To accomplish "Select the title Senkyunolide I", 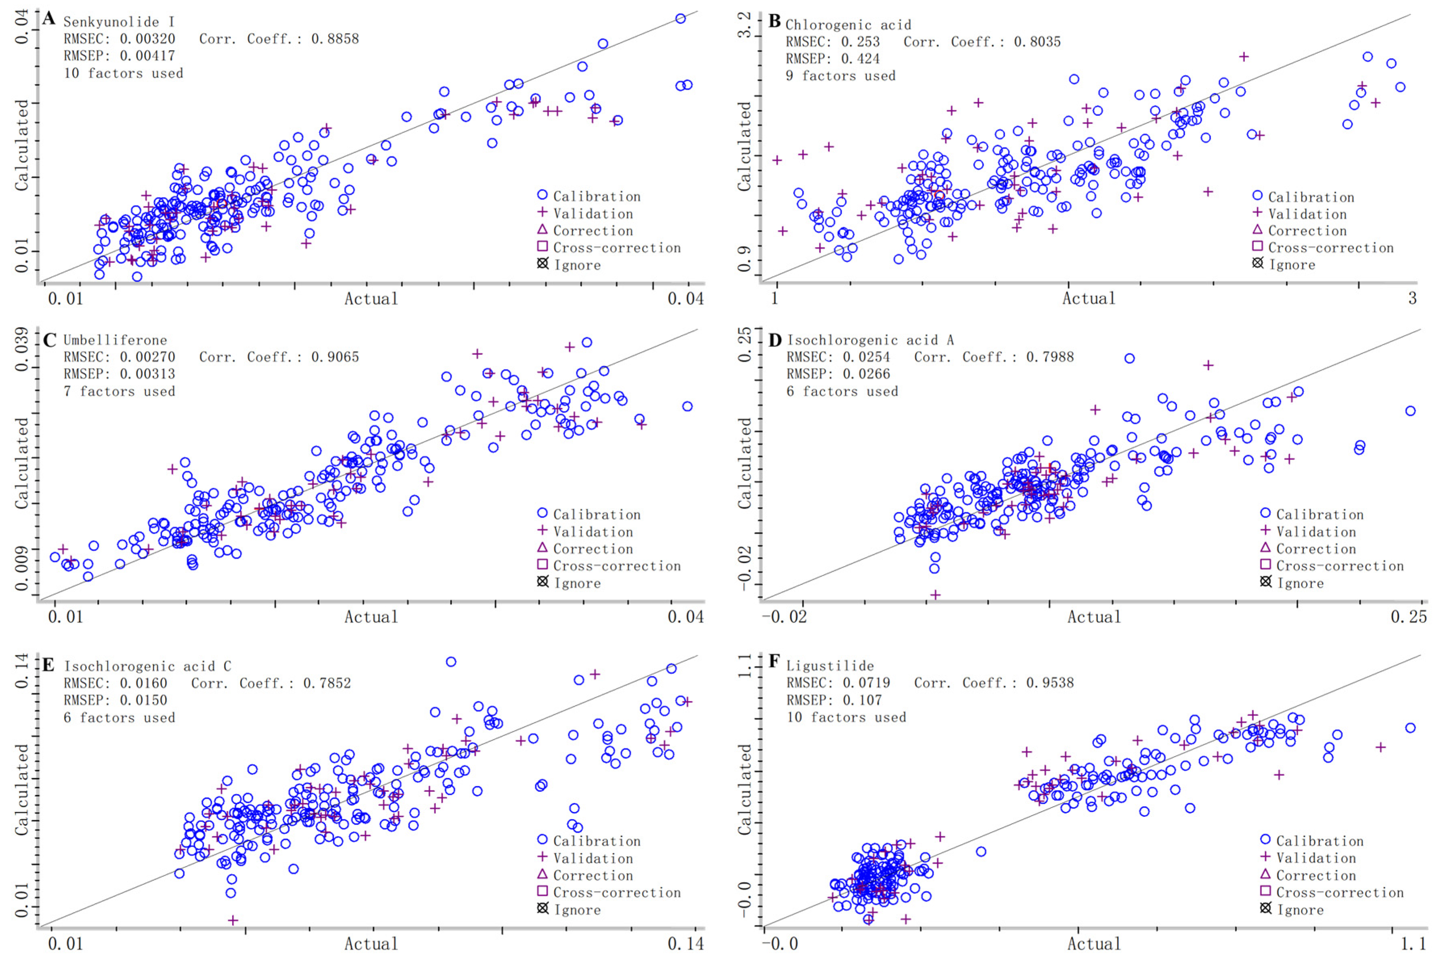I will coord(119,21).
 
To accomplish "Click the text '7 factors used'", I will coord(119,391).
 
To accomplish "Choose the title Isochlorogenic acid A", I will coord(870,340).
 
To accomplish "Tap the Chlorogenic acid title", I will coord(848,25).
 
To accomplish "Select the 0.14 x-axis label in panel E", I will coord(685,944).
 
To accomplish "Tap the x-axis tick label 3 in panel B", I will coord(1412,298).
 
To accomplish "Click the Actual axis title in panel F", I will coord(1093,944).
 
